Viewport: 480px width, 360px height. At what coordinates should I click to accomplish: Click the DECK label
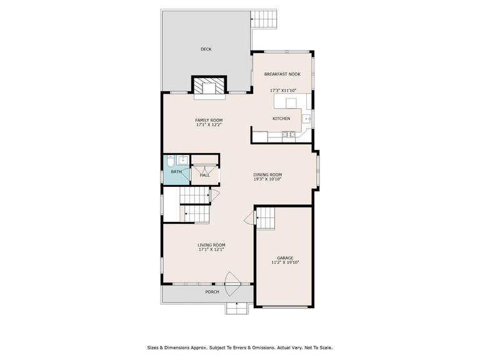click(206, 49)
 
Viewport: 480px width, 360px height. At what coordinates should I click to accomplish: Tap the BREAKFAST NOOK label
click(282, 74)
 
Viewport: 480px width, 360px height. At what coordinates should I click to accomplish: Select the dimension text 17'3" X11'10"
click(283, 91)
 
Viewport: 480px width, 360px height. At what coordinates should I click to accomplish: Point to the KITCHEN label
click(281, 119)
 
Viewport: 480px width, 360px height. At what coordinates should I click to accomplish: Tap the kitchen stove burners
click(289, 134)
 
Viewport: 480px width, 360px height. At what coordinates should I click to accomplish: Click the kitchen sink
click(307, 118)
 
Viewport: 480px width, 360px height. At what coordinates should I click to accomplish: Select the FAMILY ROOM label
click(209, 120)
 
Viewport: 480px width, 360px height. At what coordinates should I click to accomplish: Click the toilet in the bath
click(171, 161)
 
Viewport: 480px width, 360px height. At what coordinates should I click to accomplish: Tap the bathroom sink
click(183, 160)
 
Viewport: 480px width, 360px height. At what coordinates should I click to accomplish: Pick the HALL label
click(205, 176)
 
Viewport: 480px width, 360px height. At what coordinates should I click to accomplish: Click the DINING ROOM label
click(267, 175)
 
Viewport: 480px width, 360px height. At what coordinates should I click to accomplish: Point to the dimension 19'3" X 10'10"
click(267, 179)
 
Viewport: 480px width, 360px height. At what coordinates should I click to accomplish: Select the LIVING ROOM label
click(211, 245)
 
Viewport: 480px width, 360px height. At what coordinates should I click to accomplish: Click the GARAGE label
click(285, 258)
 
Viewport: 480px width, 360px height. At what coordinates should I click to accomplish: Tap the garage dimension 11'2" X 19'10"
click(285, 262)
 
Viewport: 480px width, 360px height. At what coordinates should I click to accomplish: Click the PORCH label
click(212, 292)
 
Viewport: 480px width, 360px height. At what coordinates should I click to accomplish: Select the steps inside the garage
click(266, 218)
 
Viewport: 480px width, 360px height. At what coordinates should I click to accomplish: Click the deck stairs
click(264, 19)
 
